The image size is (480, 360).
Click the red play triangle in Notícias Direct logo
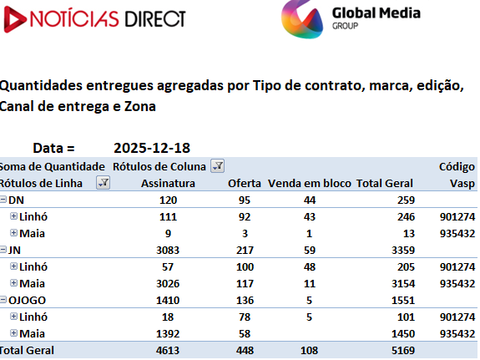tap(14, 19)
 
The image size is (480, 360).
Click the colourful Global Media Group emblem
tap(302, 19)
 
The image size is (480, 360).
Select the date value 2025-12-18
tap(152, 148)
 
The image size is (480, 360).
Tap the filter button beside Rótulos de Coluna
tap(217, 165)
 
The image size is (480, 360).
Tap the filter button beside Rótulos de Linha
tap(104, 183)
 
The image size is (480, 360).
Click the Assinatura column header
tap(168, 183)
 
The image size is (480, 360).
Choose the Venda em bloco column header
tap(310, 183)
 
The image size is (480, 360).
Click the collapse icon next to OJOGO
tap(3, 300)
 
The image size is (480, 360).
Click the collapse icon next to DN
tap(3, 200)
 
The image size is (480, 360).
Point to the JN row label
tap(14, 250)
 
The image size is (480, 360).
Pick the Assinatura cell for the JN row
tap(168, 250)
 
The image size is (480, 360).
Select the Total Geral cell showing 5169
tap(403, 350)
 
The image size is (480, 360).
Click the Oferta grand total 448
tap(245, 350)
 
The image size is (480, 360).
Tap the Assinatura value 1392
tap(168, 333)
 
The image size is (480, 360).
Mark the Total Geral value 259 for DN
tap(406, 200)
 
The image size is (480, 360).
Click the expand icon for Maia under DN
tap(13, 233)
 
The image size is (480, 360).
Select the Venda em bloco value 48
tap(310, 266)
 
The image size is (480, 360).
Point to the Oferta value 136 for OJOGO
tap(245, 300)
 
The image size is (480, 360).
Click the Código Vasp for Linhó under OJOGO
tap(457, 317)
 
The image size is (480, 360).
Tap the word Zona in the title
tap(140, 106)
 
